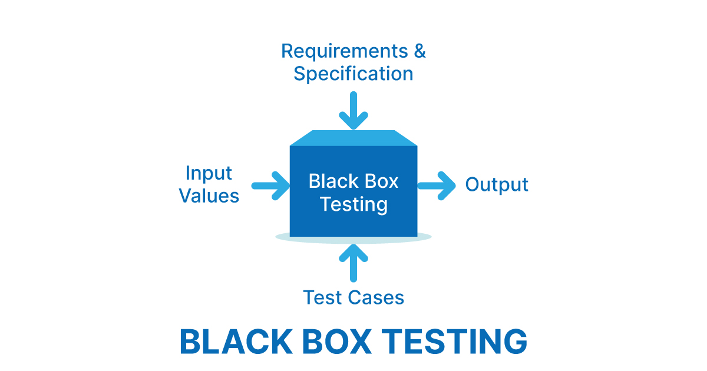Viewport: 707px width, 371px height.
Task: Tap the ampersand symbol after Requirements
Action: pyautogui.click(x=419, y=51)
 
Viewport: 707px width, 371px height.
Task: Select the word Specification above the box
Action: pyautogui.click(x=353, y=74)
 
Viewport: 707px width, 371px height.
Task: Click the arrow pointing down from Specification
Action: pyautogui.click(x=353, y=110)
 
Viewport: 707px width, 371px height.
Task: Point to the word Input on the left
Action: pyautogui.click(x=209, y=173)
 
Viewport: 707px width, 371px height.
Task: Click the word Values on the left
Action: pyautogui.click(x=209, y=196)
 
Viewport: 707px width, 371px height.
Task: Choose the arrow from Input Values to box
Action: pyautogui.click(x=270, y=185)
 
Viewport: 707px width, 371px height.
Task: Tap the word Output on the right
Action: pyautogui.click(x=497, y=185)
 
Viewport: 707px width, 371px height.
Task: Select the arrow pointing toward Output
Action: pyautogui.click(x=437, y=185)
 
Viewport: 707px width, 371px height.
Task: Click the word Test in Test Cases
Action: pyautogui.click(x=322, y=297)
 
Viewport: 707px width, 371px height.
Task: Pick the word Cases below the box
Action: pyautogui.click(x=375, y=297)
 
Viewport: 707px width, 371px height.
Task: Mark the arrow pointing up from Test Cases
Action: pyautogui.click(x=353, y=262)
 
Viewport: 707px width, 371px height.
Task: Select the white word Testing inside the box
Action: pyautogui.click(x=353, y=204)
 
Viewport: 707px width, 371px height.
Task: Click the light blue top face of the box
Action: pyautogui.click(x=353, y=138)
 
